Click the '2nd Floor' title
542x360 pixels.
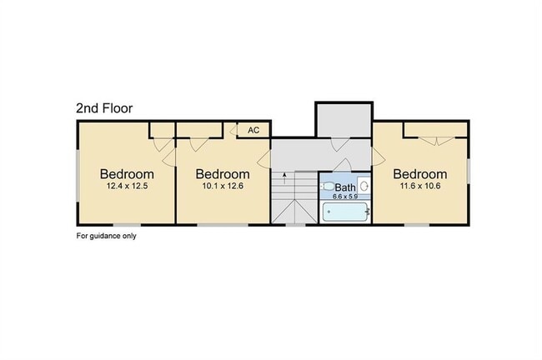(104, 108)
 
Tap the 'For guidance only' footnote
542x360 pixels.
(106, 236)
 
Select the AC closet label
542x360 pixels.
(253, 130)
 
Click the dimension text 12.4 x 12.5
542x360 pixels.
(128, 186)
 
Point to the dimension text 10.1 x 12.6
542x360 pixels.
(223, 186)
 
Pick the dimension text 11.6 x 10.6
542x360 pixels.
(420, 186)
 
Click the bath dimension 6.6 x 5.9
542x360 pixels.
(345, 197)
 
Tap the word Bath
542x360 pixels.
(345, 187)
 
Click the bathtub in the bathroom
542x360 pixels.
(345, 212)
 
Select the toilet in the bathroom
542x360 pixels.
(328, 187)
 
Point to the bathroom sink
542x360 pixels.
(364, 186)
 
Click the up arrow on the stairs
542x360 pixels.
(284, 178)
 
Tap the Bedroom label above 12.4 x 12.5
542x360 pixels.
(127, 174)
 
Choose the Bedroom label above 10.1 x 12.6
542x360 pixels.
(223, 174)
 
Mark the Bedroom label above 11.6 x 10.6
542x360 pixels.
(420, 174)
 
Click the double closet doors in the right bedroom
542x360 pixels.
(437, 141)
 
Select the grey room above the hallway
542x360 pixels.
(344, 119)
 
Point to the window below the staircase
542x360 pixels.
(295, 225)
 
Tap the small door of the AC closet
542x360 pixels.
(233, 130)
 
